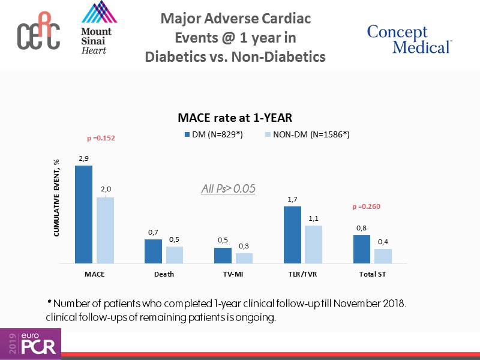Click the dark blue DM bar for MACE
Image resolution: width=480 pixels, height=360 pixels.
point(83,214)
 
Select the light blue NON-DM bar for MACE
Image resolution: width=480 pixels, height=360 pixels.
point(105,230)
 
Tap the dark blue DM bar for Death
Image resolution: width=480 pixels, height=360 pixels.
point(154,251)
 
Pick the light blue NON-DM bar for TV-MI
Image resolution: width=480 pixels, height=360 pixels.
point(244,258)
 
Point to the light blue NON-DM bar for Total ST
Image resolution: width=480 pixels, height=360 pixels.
point(383,256)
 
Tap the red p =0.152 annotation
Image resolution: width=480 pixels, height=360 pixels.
point(101,139)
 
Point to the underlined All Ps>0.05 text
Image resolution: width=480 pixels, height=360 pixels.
point(228,188)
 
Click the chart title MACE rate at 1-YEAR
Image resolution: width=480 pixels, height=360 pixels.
point(234,118)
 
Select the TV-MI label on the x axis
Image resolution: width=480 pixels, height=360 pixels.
point(233,274)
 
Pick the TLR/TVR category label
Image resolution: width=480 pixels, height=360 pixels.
point(303,274)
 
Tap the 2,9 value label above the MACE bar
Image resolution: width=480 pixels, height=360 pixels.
point(83,158)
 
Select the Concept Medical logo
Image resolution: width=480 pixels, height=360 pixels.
point(409,40)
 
